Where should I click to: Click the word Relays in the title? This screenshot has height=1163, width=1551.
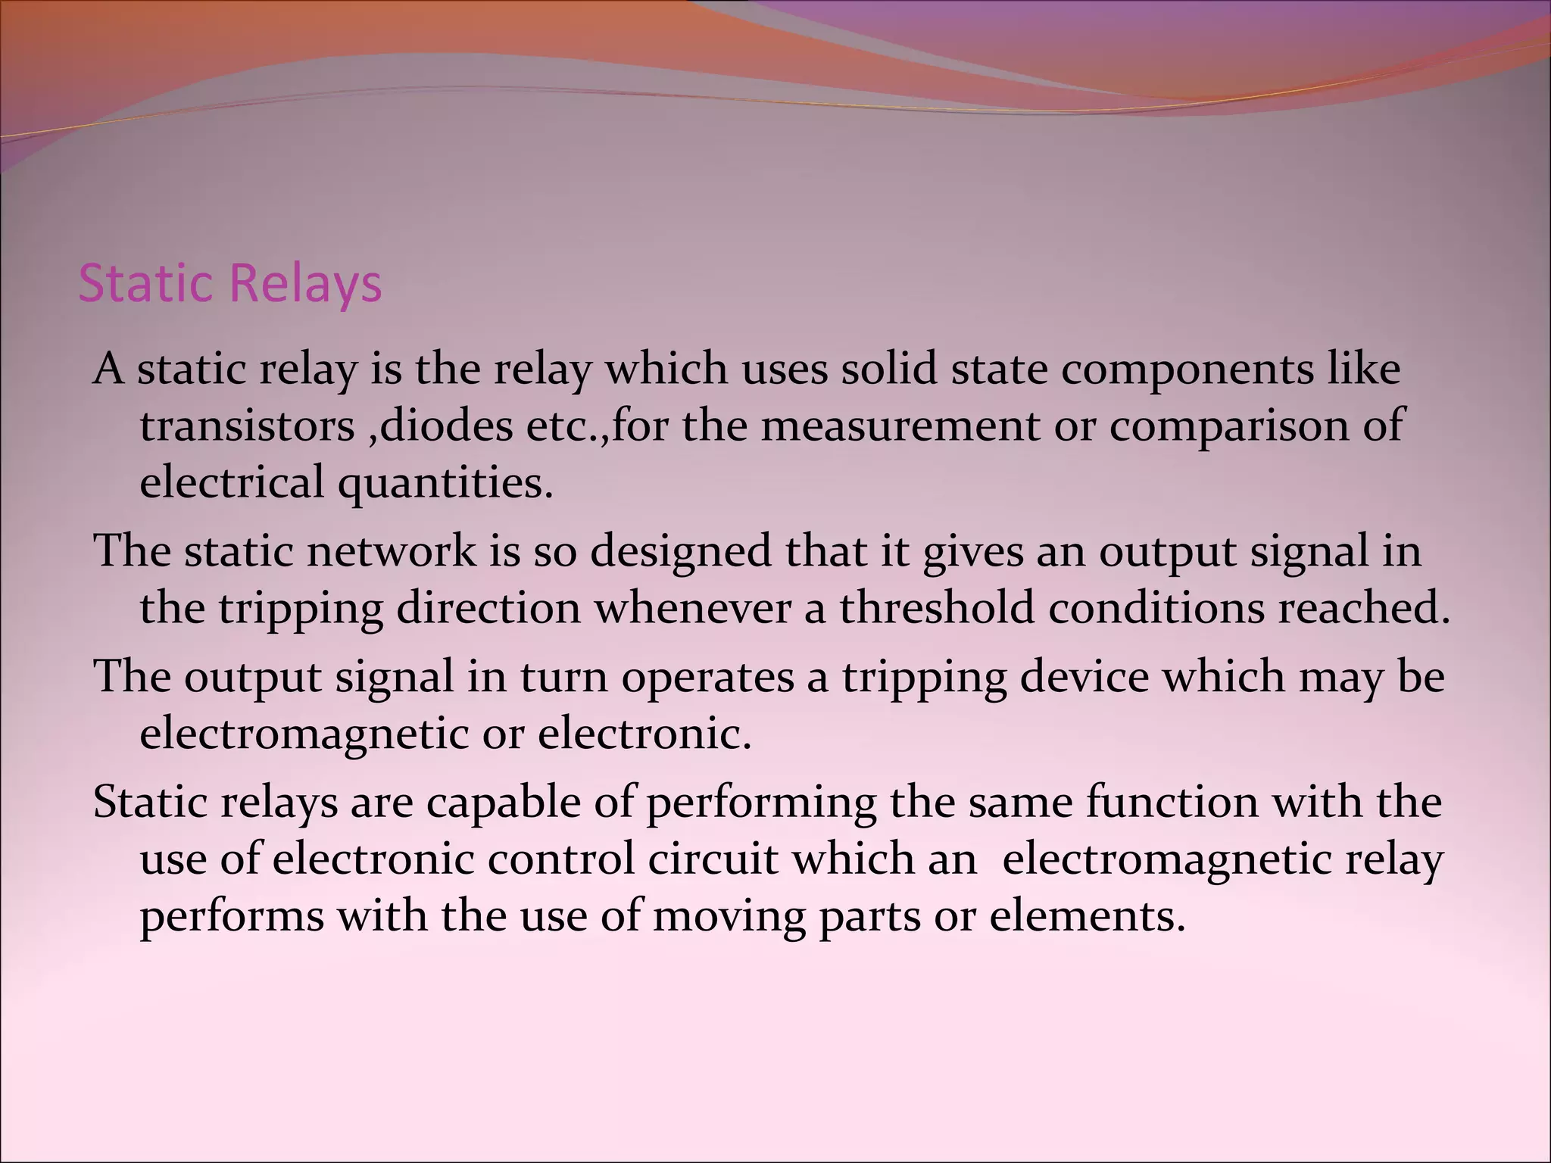[x=306, y=285]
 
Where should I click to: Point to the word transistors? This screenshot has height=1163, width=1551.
[x=248, y=426]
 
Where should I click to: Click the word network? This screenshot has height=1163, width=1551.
[x=390, y=550]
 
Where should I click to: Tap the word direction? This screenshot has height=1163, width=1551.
[x=488, y=608]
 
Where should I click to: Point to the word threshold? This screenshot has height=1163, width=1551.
[x=936, y=608]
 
